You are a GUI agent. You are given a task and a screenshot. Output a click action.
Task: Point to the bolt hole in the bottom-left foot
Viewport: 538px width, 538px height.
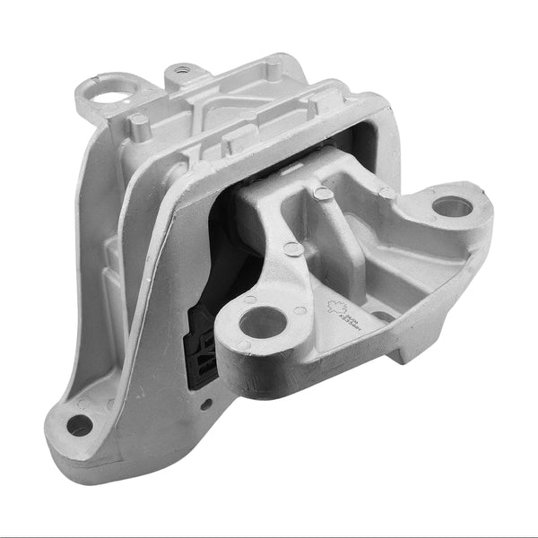[x=79, y=424]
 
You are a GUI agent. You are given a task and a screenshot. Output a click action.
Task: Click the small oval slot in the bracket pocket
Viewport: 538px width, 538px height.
[x=381, y=315]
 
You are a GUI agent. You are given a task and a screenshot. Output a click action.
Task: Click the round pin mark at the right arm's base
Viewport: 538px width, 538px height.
[x=386, y=192]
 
